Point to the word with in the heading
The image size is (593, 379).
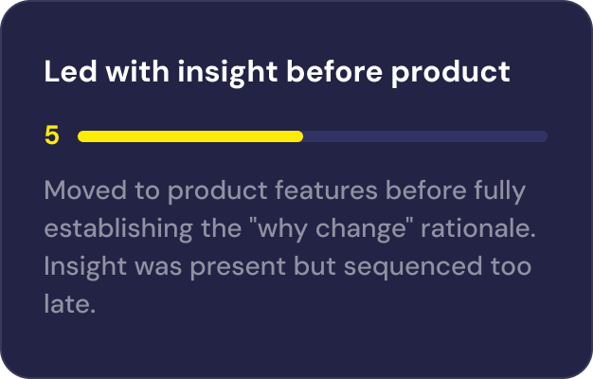tap(126, 72)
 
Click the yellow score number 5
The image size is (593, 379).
tap(52, 136)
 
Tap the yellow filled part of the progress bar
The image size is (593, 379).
tap(189, 136)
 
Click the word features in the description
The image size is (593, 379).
tap(317, 191)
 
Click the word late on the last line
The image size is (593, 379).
tap(70, 306)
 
